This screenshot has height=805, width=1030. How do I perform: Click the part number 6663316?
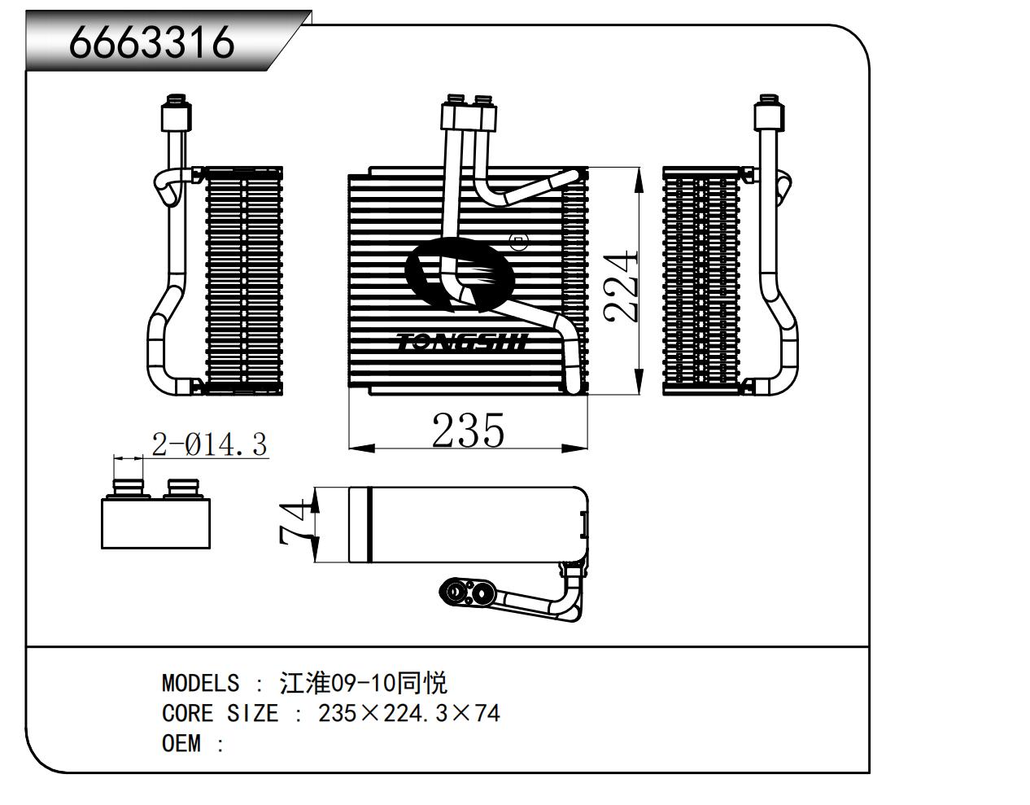click(x=152, y=42)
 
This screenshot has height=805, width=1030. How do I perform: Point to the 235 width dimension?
click(x=468, y=430)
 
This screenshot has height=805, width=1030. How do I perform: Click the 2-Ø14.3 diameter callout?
click(x=210, y=444)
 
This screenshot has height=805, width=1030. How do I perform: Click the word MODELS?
click(x=200, y=683)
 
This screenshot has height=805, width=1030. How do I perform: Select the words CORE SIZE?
click(x=220, y=714)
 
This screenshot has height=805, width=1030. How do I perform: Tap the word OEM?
click(x=181, y=744)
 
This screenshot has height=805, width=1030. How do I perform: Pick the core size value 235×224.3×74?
click(x=408, y=714)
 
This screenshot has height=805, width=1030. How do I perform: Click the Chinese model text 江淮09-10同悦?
click(x=363, y=683)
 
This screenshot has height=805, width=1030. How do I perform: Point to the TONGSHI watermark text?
click(x=462, y=342)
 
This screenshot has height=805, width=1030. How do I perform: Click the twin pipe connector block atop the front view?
click(x=469, y=115)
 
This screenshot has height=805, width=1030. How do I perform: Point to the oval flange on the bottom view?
click(x=468, y=592)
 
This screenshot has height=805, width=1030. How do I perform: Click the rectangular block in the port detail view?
click(x=156, y=523)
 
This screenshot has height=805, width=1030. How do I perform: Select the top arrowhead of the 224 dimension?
click(x=639, y=176)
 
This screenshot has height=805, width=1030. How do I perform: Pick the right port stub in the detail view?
click(x=183, y=488)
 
